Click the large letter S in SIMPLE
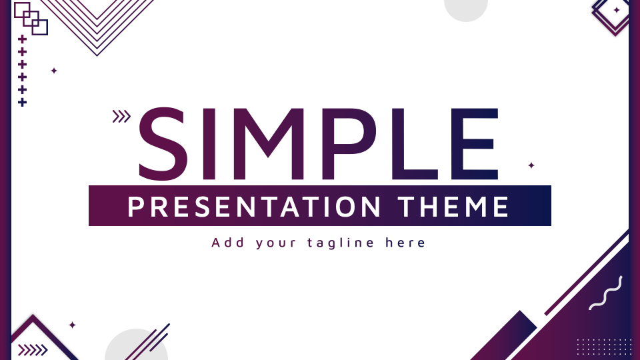pos(163,144)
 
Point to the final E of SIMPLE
pos(475,144)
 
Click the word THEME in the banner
pos(453,207)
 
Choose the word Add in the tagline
pos(228,243)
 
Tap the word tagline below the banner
pos(341,243)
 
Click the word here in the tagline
pos(405,243)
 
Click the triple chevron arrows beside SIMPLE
pos(121,116)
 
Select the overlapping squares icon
pos(31,19)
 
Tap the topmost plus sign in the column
pos(23,39)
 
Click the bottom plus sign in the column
pos(23,103)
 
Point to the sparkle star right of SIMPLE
pos(531,165)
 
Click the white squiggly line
pos(606,293)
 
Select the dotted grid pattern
pos(604,347)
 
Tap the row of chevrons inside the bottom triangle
pos(33,350)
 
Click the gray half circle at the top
pos(466,9)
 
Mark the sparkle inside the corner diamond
pos(616,10)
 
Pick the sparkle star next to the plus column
pos(54,71)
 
